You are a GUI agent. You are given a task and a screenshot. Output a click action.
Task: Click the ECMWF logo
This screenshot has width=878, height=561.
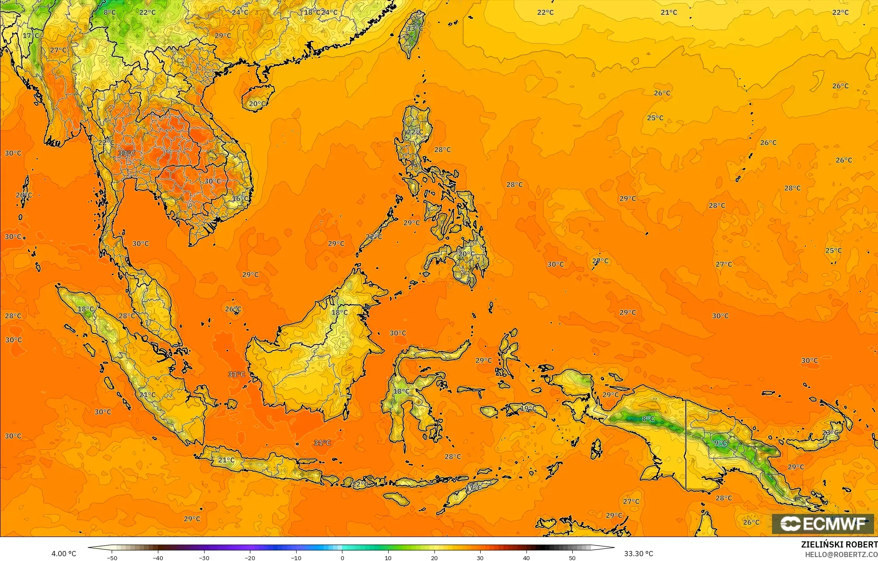tap(823, 524)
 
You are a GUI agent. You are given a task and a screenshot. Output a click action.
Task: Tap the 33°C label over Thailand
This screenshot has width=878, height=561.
tap(126, 153)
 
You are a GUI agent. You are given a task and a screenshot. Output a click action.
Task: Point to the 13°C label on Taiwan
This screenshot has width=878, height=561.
tap(414, 29)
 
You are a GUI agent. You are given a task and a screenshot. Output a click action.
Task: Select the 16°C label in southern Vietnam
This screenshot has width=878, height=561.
tap(240, 199)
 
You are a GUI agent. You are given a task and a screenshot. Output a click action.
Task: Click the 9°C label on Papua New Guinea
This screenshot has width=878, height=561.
tap(720, 443)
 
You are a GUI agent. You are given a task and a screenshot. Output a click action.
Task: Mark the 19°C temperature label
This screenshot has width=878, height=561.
tap(528, 408)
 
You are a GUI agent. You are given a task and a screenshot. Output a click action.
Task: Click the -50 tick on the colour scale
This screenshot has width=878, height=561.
tap(112, 558)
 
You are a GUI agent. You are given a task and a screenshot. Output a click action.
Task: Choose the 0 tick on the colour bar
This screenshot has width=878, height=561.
tap(342, 558)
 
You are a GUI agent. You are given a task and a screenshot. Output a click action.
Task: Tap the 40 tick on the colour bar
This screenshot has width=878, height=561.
tap(526, 558)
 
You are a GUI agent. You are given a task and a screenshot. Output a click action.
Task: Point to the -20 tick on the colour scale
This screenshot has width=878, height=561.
tap(250, 558)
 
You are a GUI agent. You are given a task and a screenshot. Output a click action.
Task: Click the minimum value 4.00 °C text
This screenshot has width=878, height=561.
tap(64, 554)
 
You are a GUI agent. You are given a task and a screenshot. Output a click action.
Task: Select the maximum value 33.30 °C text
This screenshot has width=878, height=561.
tap(639, 554)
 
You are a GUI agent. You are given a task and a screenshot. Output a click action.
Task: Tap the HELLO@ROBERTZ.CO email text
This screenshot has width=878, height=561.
tap(841, 554)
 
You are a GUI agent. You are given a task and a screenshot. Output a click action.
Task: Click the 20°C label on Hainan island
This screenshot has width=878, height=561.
tap(256, 104)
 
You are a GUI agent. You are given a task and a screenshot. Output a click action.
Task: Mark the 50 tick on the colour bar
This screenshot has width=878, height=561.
tap(572, 558)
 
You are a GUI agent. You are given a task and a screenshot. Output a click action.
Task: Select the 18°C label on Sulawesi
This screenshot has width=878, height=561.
tap(401, 391)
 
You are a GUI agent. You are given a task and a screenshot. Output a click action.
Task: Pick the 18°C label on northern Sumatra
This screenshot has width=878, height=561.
tap(86, 309)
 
